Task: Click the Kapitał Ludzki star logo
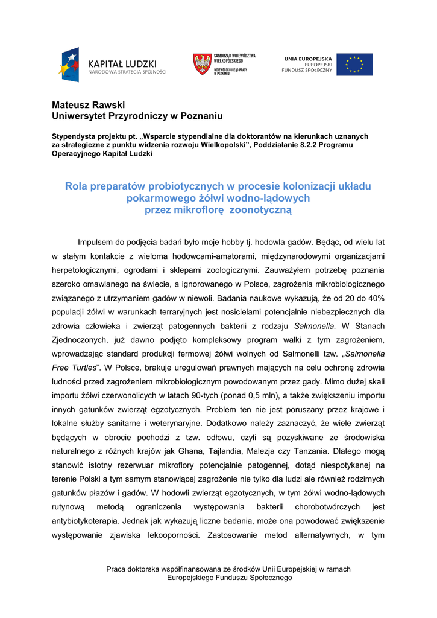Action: [69, 65]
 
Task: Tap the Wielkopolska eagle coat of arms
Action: [202, 64]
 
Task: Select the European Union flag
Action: [354, 64]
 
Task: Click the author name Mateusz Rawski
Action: [88, 105]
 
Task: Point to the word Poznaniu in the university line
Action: [197, 115]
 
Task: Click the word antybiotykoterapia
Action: [86, 520]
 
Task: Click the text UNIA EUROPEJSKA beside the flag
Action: [308, 59]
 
